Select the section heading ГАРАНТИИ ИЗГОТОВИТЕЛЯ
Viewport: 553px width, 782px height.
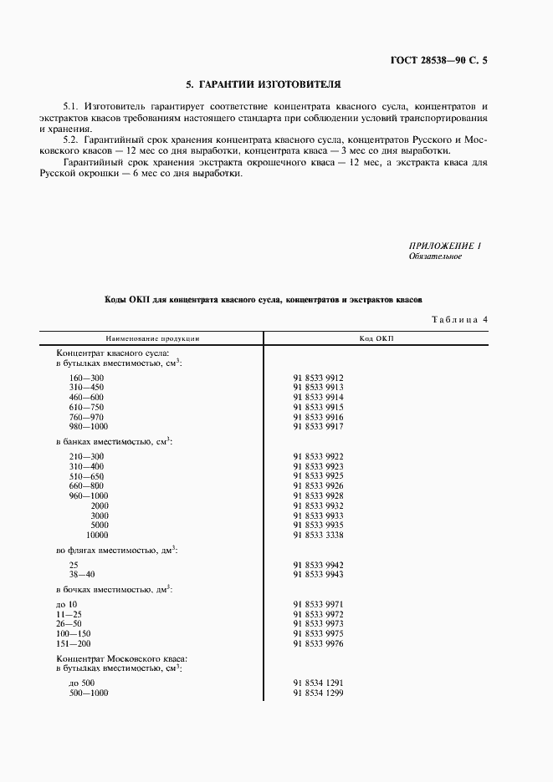(x=264, y=84)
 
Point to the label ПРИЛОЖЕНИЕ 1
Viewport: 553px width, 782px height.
(x=445, y=246)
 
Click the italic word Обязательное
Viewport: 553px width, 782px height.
(x=434, y=256)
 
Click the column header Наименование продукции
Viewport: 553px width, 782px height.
(x=151, y=338)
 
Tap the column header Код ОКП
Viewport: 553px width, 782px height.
(x=376, y=338)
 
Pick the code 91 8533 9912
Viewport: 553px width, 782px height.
(x=319, y=378)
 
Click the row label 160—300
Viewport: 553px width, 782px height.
(x=86, y=378)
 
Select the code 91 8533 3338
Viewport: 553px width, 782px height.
(x=319, y=535)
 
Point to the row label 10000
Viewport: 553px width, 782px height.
(x=98, y=535)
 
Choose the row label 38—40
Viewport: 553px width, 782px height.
(x=84, y=575)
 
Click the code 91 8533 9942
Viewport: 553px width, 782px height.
(x=319, y=565)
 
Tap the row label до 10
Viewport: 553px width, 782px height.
(x=68, y=604)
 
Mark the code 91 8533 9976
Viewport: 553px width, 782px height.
(x=319, y=644)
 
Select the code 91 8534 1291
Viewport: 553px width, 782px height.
(x=319, y=683)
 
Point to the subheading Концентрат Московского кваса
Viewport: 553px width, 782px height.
(x=121, y=659)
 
